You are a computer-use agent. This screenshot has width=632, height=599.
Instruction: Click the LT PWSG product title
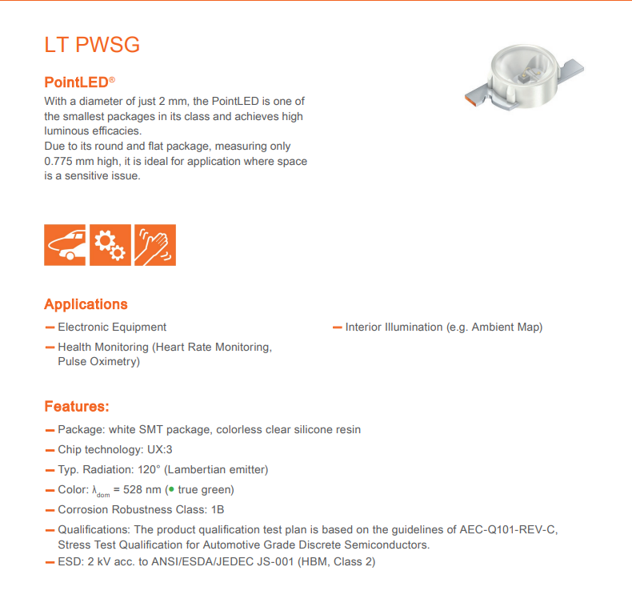pyautogui.click(x=92, y=45)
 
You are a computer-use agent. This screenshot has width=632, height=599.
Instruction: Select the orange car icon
pyautogui.click(x=66, y=244)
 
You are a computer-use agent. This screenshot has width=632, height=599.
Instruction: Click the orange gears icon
pyautogui.click(x=110, y=244)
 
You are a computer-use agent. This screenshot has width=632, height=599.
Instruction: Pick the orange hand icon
pyautogui.click(x=155, y=244)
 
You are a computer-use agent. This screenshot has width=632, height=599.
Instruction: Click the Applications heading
pyautogui.click(x=86, y=304)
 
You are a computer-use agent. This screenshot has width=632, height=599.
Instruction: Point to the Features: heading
pyautogui.click(x=77, y=407)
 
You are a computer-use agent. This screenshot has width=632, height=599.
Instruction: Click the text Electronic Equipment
pyautogui.click(x=112, y=327)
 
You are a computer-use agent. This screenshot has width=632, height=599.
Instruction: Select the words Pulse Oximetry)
pyautogui.click(x=98, y=361)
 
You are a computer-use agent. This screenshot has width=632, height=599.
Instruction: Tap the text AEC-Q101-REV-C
pyautogui.click(x=509, y=529)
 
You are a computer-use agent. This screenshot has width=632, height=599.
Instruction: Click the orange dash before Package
pyautogui.click(x=50, y=429)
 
